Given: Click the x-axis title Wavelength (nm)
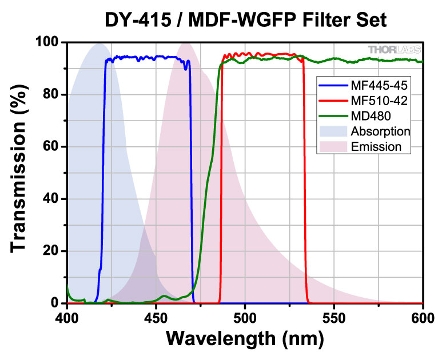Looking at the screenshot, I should (245, 339).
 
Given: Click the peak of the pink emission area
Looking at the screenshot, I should (186, 43).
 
